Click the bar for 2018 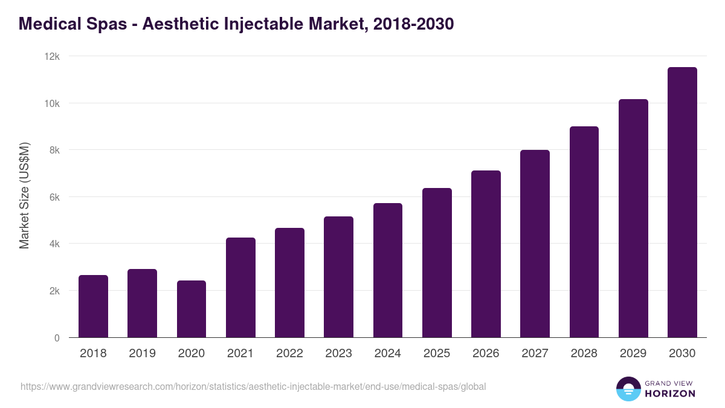tap(93, 306)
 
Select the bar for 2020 tap(192, 309)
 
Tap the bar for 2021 tap(240, 288)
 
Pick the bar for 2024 tap(388, 270)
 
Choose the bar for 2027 tap(535, 244)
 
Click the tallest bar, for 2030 tap(682, 202)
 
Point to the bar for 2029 tap(633, 218)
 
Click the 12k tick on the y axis tap(53, 56)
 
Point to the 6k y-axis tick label tap(54, 197)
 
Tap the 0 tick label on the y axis tap(57, 338)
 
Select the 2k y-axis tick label tap(54, 291)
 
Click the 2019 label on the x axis tap(143, 354)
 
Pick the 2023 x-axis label tap(338, 354)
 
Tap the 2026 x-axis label tap(486, 354)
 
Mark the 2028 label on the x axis tap(584, 354)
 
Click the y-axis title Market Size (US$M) tap(24, 196)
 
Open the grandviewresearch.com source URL tap(253, 386)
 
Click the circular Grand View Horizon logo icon tap(628, 389)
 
